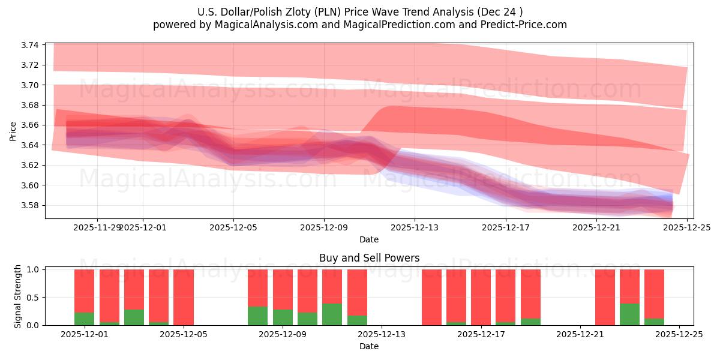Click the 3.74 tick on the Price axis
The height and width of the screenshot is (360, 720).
coord(30,45)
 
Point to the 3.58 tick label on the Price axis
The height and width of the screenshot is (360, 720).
coord(30,205)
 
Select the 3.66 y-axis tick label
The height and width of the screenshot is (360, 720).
coord(30,125)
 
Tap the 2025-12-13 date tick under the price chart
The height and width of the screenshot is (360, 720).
coord(415,227)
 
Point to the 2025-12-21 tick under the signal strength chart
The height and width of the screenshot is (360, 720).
coord(580,334)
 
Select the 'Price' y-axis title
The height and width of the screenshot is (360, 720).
coord(13,131)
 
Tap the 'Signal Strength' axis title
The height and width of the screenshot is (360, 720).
coord(18,296)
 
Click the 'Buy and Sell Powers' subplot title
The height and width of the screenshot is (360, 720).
coord(369,259)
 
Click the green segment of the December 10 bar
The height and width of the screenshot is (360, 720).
coord(332,314)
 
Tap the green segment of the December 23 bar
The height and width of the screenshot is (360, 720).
coord(629,314)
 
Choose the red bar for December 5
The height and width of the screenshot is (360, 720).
coord(183,297)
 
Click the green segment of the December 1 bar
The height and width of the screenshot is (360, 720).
coord(84,319)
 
